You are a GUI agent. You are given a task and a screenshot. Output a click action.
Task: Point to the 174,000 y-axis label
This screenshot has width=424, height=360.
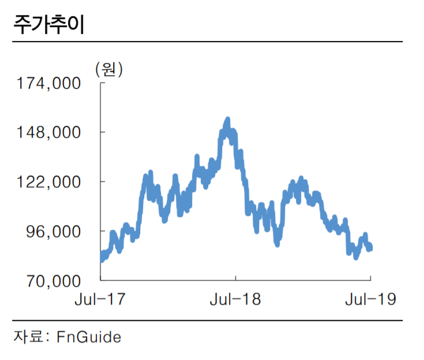point(48,84)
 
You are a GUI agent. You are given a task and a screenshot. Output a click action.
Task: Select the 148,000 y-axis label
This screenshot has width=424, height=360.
point(48,133)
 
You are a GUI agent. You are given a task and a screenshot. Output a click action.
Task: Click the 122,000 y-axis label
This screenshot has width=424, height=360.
point(48,182)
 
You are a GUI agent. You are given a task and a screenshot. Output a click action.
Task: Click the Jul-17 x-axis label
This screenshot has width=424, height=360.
point(100,299)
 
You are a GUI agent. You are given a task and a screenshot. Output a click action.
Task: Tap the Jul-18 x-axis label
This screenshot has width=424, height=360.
point(235,299)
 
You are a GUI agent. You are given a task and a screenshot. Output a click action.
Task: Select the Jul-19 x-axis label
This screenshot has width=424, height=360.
point(370,299)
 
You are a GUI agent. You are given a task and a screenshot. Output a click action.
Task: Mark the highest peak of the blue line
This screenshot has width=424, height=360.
point(227,120)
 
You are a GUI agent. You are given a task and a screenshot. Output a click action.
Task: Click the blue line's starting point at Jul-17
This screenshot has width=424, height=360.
point(102,258)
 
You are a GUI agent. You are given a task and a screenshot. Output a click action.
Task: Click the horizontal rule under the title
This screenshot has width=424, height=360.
point(208,42)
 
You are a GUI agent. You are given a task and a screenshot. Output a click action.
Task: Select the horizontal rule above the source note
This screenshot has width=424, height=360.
point(208,321)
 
